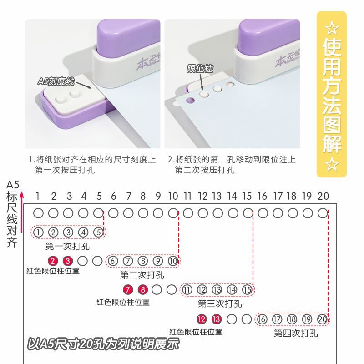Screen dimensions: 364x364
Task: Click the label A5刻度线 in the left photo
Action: point(56,81)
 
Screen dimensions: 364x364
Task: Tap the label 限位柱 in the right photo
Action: point(200,69)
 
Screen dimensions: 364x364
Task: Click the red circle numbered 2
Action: point(53,261)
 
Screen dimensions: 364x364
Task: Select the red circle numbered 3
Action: point(68,261)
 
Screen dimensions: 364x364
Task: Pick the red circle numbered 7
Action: point(128,290)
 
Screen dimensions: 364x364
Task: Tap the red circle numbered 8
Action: point(143,290)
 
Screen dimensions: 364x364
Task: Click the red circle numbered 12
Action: point(202,319)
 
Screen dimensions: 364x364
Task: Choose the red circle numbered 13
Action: point(217,319)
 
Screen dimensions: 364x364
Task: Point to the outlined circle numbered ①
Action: point(39,233)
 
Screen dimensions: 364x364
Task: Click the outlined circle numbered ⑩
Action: point(173,261)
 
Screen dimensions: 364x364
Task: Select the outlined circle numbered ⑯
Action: point(262,319)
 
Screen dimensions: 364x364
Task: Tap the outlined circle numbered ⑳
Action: point(322,319)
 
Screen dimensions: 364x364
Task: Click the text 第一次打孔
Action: point(67,246)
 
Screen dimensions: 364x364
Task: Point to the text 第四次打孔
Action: point(296,334)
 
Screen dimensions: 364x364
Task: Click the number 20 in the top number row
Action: point(323,197)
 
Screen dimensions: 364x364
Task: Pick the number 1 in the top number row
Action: point(38,197)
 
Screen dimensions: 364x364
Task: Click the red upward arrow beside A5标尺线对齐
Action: point(21,212)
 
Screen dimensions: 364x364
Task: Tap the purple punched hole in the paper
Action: point(190,100)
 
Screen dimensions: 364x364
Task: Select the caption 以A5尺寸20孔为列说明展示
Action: point(103,344)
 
